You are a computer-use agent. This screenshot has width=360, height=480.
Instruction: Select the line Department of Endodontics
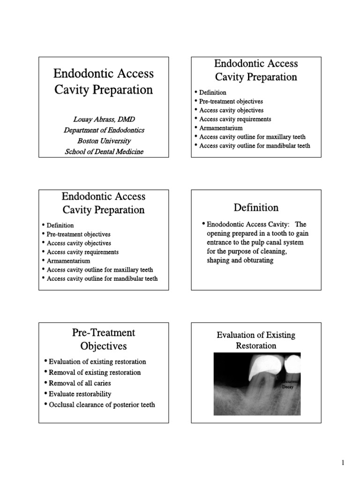click(x=104, y=130)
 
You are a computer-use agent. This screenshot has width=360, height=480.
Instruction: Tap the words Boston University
click(x=104, y=141)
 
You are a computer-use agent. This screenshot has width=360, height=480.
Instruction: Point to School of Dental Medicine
click(x=104, y=151)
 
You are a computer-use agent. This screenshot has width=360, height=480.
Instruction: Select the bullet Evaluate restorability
click(x=80, y=394)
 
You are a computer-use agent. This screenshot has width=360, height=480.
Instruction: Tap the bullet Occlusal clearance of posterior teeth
click(x=102, y=405)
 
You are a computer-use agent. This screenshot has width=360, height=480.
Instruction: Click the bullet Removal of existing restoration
click(x=94, y=372)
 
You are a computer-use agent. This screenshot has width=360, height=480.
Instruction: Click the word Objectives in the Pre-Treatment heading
click(x=103, y=346)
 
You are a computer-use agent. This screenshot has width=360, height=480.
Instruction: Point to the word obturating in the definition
click(x=257, y=260)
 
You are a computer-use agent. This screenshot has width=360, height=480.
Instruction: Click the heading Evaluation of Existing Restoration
click(x=256, y=340)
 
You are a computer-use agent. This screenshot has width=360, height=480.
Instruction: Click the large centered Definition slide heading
click(x=256, y=207)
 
